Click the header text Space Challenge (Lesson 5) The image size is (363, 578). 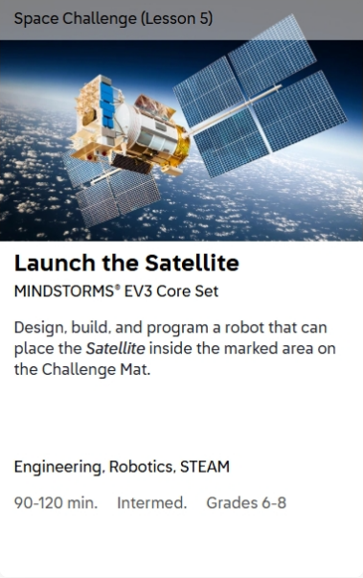[x=113, y=18]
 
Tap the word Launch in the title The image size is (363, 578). [x=55, y=263]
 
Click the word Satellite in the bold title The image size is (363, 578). [x=192, y=263]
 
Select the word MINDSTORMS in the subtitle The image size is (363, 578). [x=64, y=291]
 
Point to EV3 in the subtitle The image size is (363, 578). [x=137, y=291]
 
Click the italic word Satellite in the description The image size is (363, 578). [x=115, y=348]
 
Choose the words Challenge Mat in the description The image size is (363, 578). [x=96, y=369]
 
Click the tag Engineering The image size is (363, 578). [x=58, y=467]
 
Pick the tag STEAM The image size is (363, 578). [x=205, y=467]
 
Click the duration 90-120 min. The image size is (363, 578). [x=56, y=503]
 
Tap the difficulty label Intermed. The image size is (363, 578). [x=152, y=503]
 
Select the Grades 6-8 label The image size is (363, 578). [x=246, y=503]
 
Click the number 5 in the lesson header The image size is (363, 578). [x=204, y=18]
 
